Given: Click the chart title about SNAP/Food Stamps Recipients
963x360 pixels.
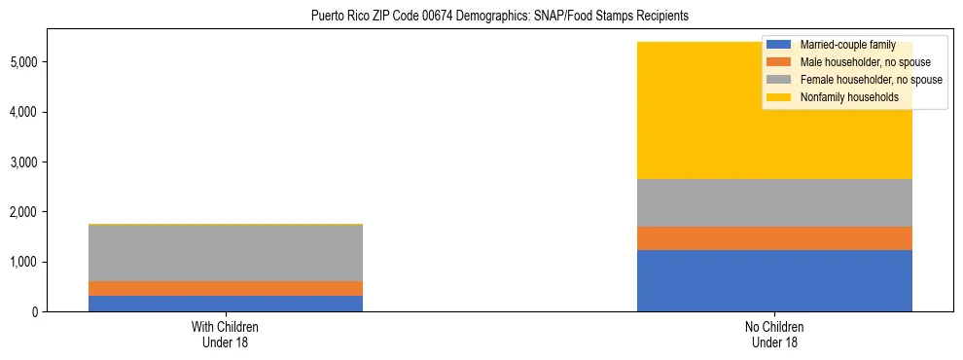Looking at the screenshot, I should click(x=500, y=17).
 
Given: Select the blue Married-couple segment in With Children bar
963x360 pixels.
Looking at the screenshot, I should click(x=225, y=304).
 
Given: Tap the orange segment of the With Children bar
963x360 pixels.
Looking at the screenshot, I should click(x=225, y=288).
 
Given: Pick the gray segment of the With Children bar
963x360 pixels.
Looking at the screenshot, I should click(x=225, y=253).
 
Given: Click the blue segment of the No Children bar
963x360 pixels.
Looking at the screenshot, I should click(x=774, y=280).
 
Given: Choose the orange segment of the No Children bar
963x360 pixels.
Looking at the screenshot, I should click(x=774, y=238).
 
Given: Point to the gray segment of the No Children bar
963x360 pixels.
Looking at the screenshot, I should click(x=774, y=202).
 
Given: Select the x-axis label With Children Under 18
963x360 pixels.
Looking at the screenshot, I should click(x=225, y=334).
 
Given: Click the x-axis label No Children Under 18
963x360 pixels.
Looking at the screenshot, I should click(x=774, y=334).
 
